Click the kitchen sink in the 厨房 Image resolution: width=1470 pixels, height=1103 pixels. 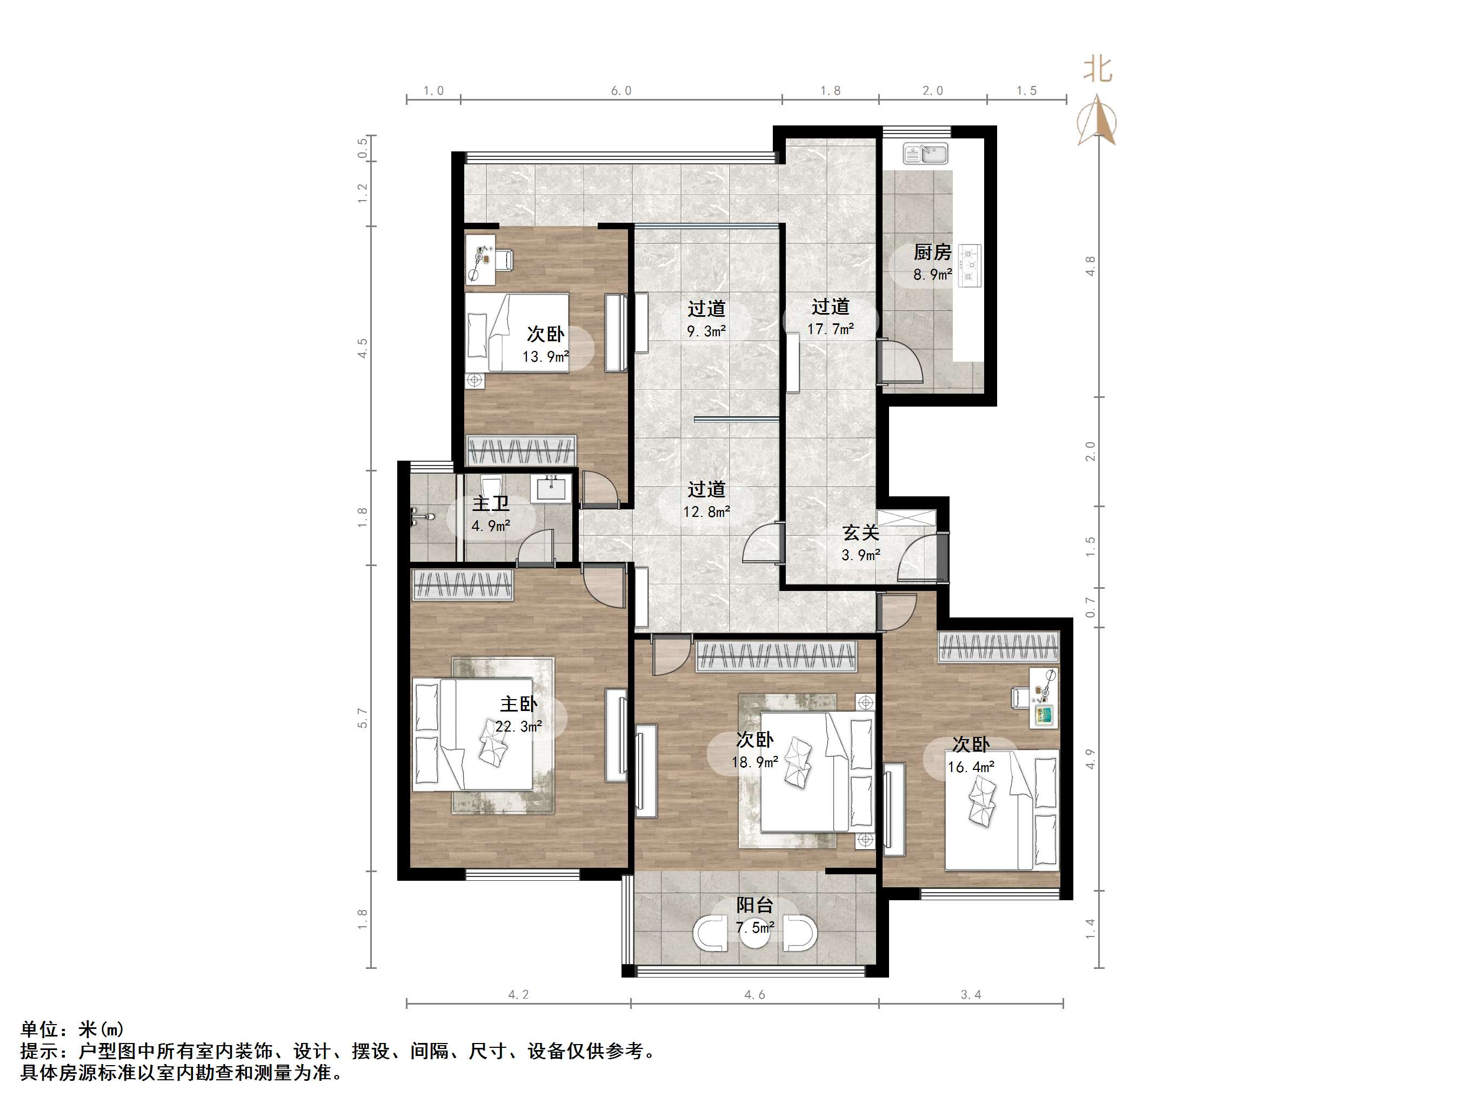(x=925, y=154)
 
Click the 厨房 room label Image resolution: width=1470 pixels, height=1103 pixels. (x=932, y=253)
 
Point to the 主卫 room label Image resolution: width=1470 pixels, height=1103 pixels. (x=490, y=504)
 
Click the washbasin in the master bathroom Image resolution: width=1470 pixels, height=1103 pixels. (x=551, y=489)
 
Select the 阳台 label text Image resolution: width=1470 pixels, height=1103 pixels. (x=755, y=905)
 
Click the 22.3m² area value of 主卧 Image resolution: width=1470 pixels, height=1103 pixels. (x=518, y=727)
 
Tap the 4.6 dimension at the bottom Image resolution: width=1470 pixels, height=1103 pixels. (x=754, y=995)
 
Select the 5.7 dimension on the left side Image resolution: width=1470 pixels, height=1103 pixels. (x=363, y=718)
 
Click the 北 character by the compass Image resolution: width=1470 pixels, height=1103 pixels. (x=1098, y=69)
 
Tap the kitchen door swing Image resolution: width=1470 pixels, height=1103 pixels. (x=903, y=363)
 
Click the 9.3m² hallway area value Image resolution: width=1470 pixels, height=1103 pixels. (x=706, y=331)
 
